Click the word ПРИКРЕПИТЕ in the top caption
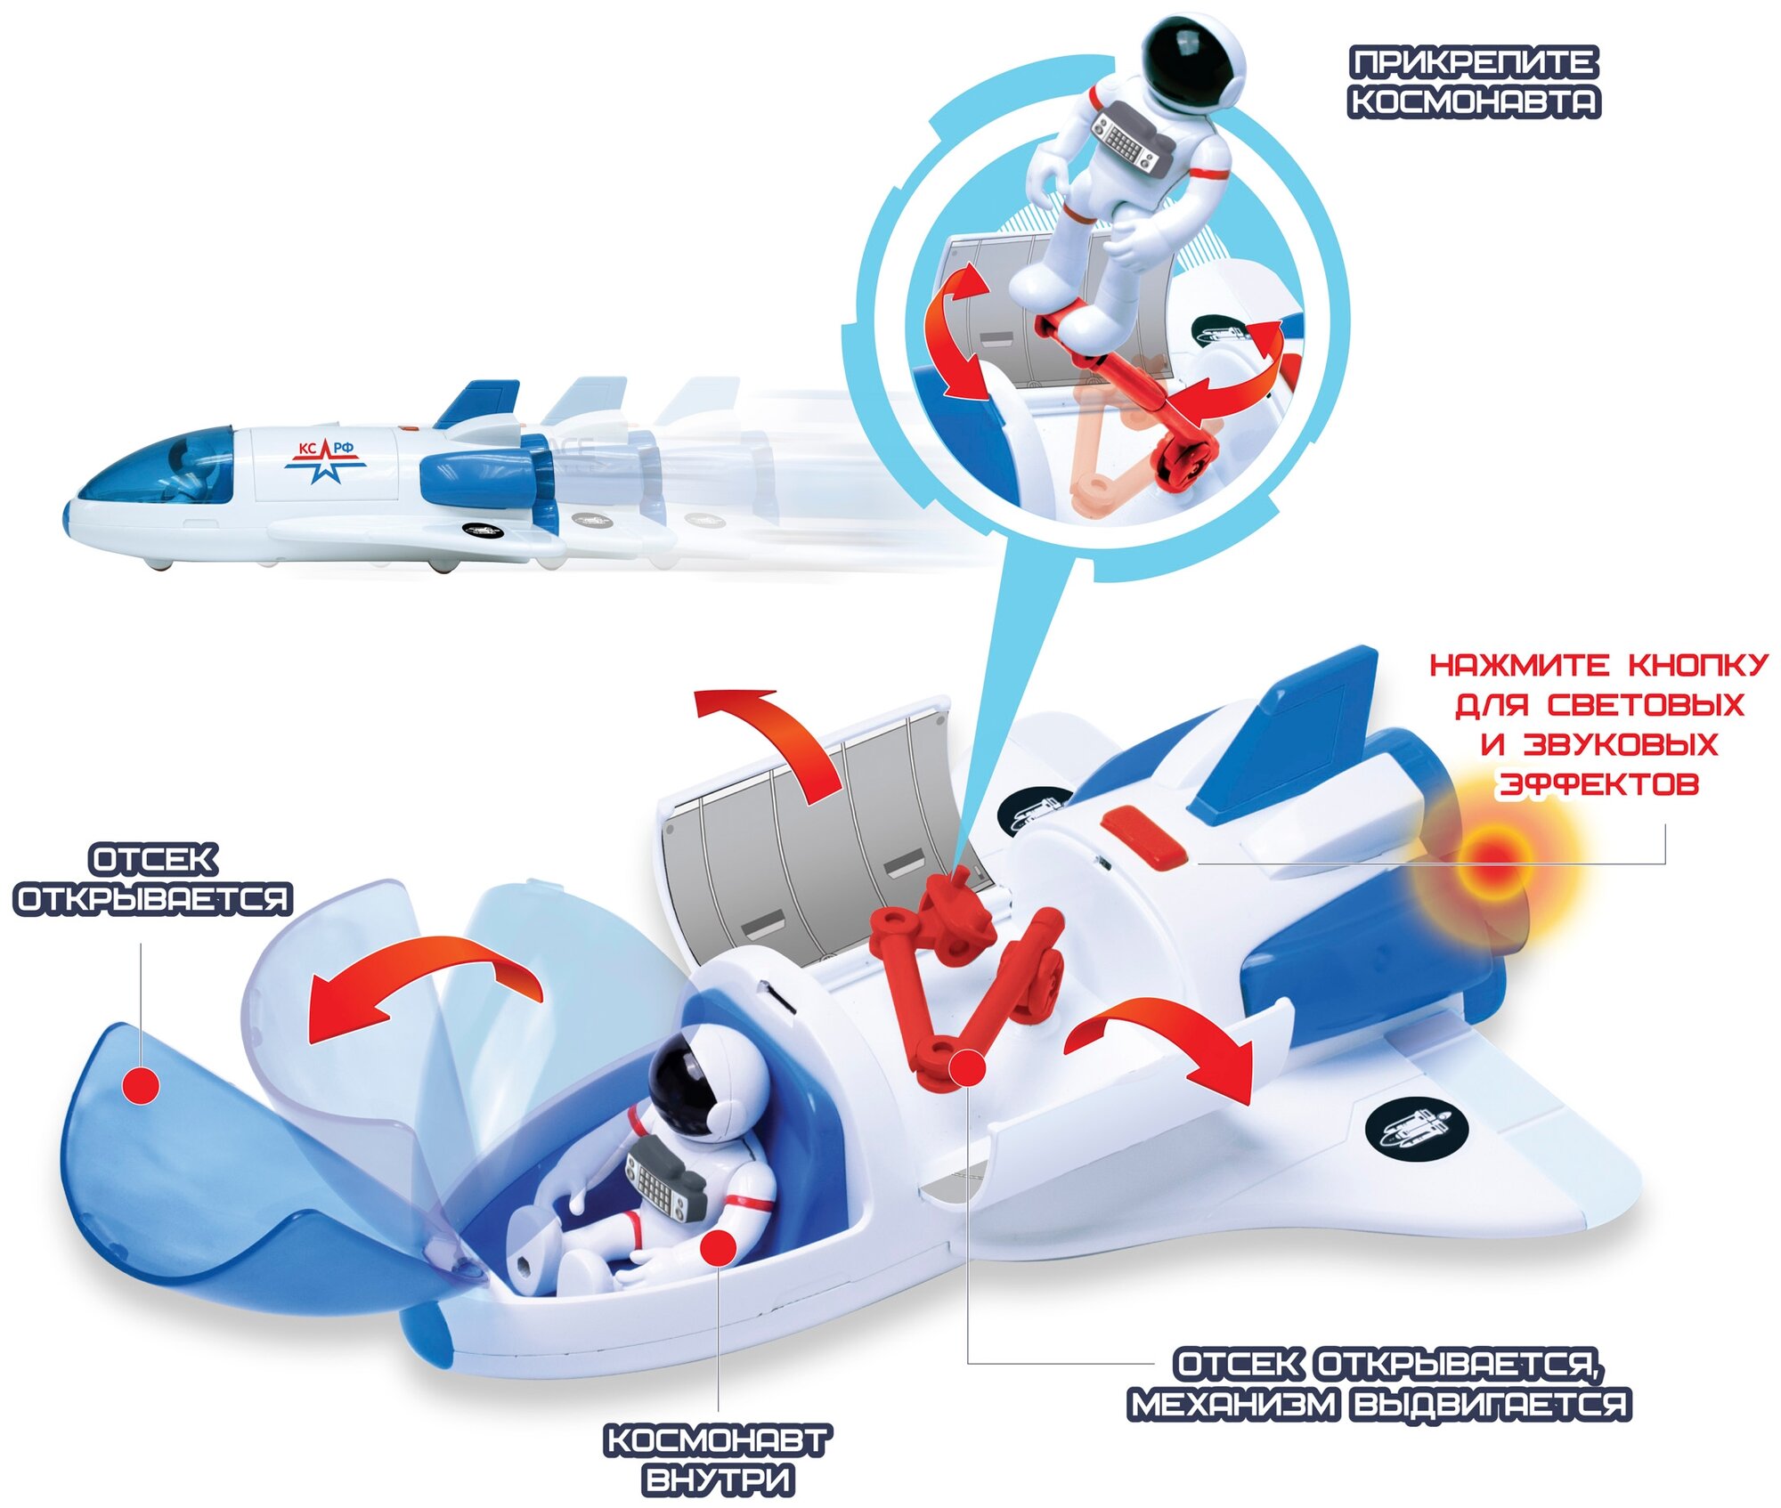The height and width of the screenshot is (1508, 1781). [x=1474, y=63]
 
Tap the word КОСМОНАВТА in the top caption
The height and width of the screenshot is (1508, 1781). [x=1474, y=101]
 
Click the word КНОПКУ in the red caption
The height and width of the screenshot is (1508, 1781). [x=1697, y=665]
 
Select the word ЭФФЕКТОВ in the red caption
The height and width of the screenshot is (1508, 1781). [x=1598, y=784]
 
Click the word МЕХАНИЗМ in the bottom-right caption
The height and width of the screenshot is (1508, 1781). [x=1234, y=1404]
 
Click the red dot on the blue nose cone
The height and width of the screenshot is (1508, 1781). [x=140, y=1085]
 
